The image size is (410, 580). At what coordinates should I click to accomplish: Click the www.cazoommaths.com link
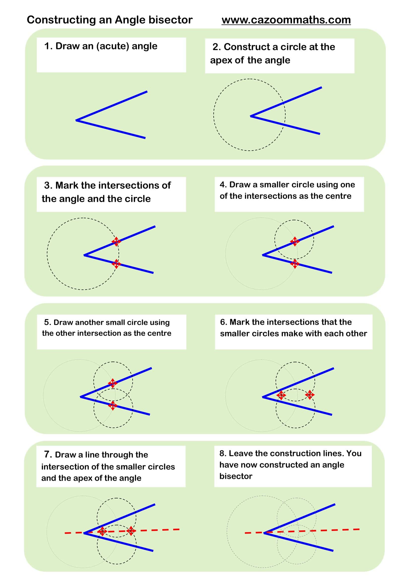[x=286, y=20]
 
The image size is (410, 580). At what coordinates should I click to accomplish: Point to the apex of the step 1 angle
[x=76, y=120]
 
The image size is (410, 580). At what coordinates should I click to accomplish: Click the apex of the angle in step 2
[x=250, y=116]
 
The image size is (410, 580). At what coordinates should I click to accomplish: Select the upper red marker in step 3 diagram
[x=116, y=242]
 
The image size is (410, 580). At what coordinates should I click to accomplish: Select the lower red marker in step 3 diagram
[x=116, y=264]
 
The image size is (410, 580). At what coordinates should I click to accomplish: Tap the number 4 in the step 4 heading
[x=222, y=185]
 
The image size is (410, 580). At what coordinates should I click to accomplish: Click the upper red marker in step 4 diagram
[x=295, y=241]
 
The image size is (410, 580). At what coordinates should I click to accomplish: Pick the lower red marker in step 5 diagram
[x=113, y=405]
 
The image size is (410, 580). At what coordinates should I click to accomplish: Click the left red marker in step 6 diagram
[x=281, y=395]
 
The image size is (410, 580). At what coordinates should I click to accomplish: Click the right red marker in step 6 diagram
[x=310, y=395]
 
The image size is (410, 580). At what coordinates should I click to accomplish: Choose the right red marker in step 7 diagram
[x=131, y=530]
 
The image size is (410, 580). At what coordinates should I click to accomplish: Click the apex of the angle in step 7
[x=84, y=533]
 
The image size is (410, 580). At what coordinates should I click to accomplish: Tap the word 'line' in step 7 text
[x=92, y=455]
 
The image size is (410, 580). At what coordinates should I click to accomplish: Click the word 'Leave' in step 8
[x=241, y=454]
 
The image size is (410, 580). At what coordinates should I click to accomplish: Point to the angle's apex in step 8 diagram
[x=264, y=533]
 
